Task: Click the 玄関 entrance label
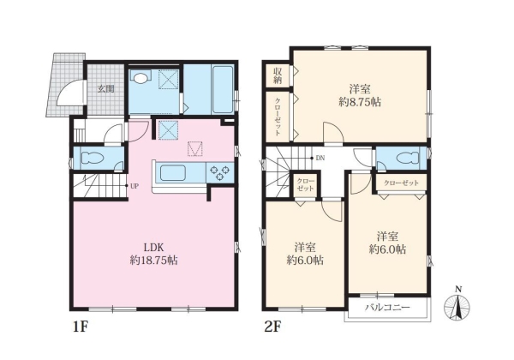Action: (x=105, y=88)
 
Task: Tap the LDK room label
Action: (x=153, y=247)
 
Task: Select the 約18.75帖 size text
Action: (x=153, y=261)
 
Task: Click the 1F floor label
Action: (x=81, y=327)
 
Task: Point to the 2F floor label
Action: (x=272, y=327)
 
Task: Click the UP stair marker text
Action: (x=134, y=186)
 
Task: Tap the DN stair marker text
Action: (x=320, y=159)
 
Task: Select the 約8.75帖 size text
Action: (x=360, y=102)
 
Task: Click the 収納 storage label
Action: (x=278, y=75)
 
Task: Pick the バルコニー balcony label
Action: (x=388, y=308)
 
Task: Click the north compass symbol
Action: (x=457, y=305)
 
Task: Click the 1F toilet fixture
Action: (x=93, y=158)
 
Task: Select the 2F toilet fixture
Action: (x=408, y=159)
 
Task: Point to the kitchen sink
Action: (x=172, y=172)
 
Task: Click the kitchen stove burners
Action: (x=219, y=173)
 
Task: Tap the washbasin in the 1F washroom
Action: (x=140, y=78)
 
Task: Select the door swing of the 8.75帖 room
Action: (x=333, y=133)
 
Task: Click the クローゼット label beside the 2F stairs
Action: (x=306, y=184)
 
